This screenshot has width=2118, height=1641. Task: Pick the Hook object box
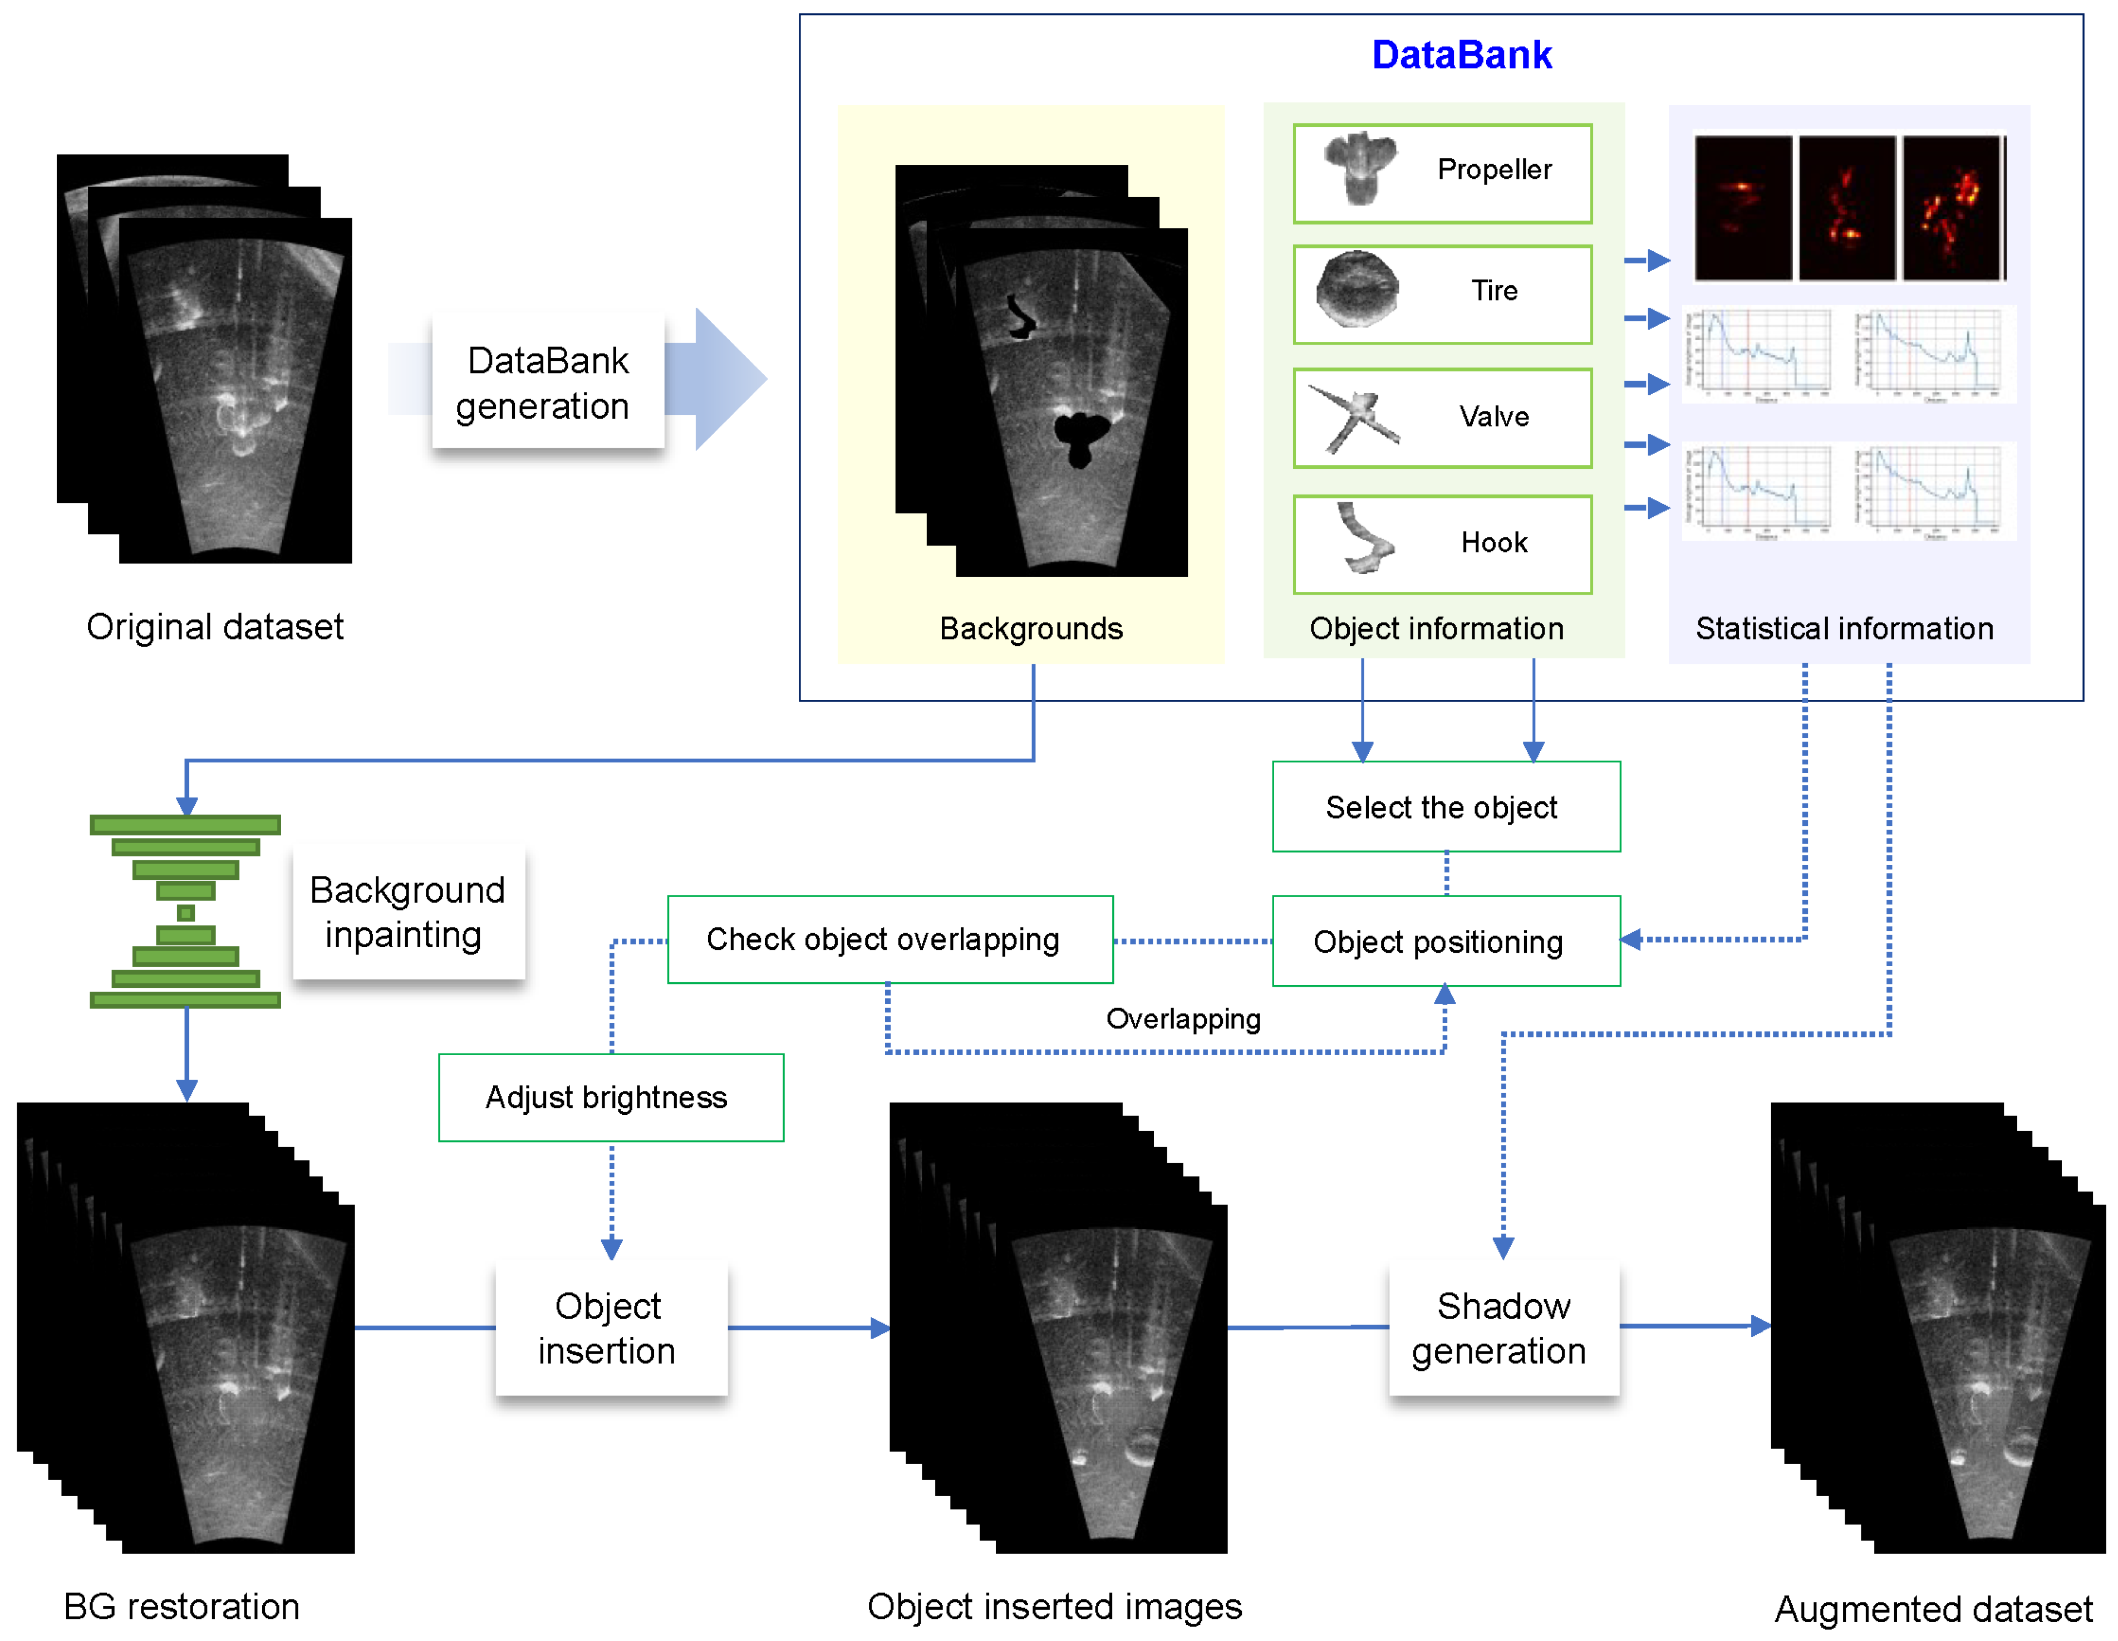(1442, 544)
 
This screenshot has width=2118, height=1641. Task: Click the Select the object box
(1445, 807)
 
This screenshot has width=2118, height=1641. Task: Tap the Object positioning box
(1445, 940)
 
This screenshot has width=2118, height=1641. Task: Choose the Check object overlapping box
(890, 939)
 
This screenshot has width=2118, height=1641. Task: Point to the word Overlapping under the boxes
(1183, 1018)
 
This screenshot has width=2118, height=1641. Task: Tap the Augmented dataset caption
(1932, 1608)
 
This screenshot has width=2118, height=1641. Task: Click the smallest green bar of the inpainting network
(186, 913)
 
